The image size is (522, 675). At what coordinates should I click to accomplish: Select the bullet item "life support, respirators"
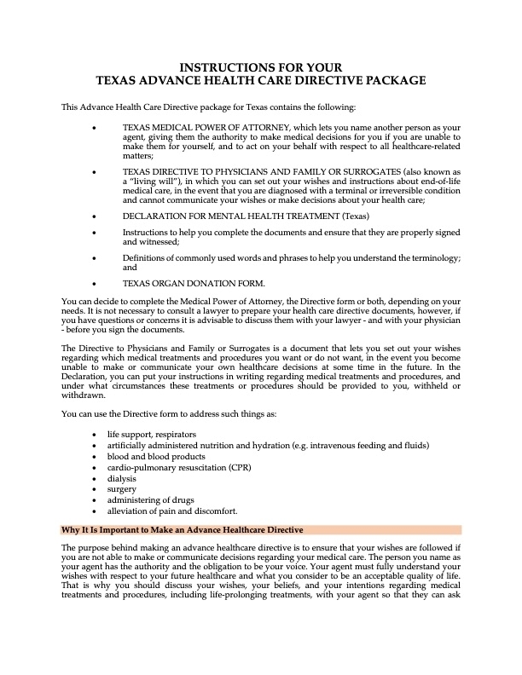[x=151, y=434]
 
